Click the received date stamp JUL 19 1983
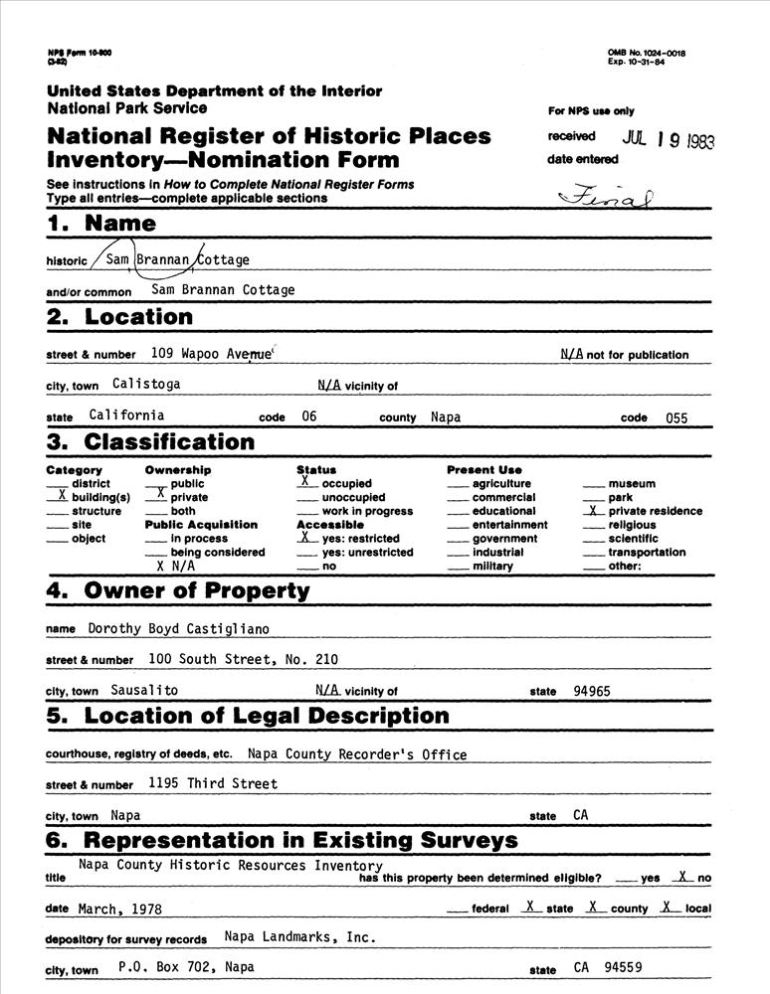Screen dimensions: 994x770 click(x=668, y=140)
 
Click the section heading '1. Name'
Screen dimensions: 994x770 click(x=101, y=224)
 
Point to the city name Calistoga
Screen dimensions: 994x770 click(x=146, y=384)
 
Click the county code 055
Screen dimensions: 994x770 click(x=676, y=418)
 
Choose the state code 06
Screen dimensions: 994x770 click(x=309, y=417)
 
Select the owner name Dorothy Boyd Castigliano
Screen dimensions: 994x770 click(x=179, y=628)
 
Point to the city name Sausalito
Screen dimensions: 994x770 click(x=145, y=689)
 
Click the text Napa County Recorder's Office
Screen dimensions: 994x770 click(x=357, y=754)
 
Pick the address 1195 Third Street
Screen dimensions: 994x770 click(x=213, y=783)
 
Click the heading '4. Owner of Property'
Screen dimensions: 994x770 click(x=179, y=591)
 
